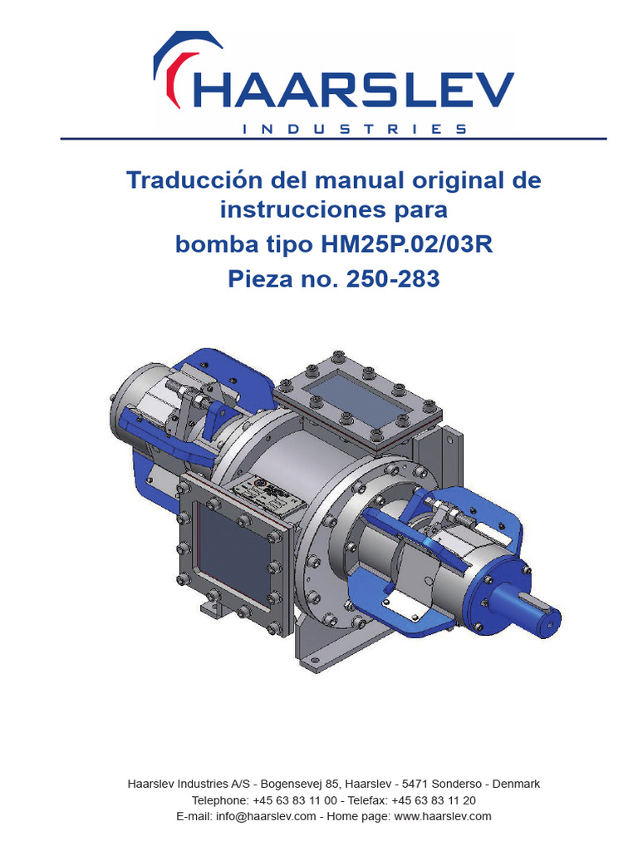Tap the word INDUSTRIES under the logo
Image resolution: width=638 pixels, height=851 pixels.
(x=353, y=129)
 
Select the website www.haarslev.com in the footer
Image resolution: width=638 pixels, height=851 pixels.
(x=443, y=816)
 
